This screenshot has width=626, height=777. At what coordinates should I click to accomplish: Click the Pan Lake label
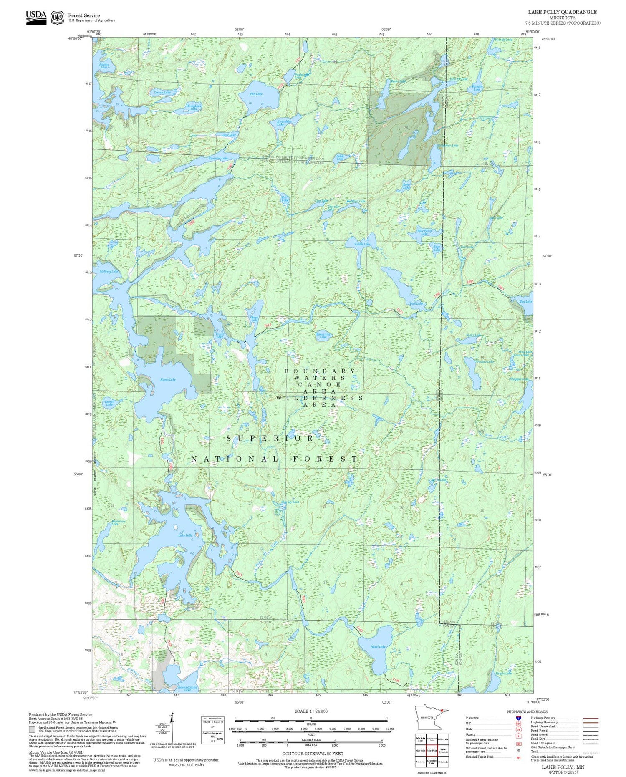256,94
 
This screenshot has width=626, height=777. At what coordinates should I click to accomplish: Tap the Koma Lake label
168,379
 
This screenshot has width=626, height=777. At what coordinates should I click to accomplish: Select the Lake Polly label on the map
185,535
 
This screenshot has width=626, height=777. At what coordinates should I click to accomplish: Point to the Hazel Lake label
378,646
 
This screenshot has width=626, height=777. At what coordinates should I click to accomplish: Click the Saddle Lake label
362,244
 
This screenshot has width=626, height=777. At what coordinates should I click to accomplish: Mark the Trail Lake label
416,303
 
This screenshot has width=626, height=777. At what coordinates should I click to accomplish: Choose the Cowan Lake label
162,92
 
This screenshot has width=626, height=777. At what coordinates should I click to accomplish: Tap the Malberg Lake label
109,272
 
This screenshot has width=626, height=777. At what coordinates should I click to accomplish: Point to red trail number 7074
268,325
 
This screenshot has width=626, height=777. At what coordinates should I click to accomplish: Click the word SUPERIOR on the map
270,438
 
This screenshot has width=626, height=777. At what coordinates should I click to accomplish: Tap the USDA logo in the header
36,17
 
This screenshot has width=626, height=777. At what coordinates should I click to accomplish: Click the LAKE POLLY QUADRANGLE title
562,12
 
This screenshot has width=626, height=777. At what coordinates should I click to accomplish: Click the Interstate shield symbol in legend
518,718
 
